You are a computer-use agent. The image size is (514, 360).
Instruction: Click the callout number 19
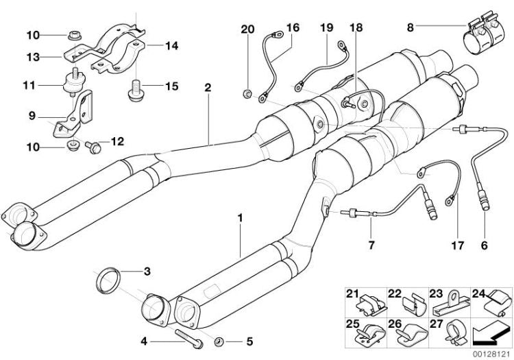pyautogui.click(x=327, y=28)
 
